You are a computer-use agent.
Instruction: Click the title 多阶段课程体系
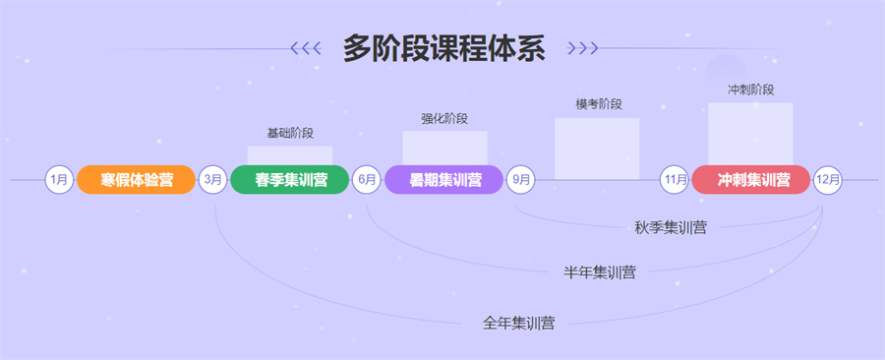(x=444, y=47)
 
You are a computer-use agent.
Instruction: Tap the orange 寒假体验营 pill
(x=137, y=180)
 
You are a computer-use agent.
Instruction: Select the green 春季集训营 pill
(x=291, y=180)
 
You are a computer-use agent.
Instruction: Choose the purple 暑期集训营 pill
(x=445, y=180)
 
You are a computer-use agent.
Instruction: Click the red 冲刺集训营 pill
(x=752, y=180)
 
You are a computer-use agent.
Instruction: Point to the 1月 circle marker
(x=59, y=180)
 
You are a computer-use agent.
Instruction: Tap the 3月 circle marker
(x=213, y=180)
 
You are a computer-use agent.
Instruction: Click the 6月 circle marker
(x=367, y=180)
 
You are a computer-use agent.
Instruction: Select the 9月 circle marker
(x=521, y=180)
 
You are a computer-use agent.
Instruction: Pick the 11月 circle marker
(x=675, y=180)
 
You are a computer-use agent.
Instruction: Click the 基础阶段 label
(x=290, y=133)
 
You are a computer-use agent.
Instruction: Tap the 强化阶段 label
(x=444, y=119)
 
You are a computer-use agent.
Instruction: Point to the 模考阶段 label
(x=598, y=104)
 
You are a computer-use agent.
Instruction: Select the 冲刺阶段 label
(x=750, y=90)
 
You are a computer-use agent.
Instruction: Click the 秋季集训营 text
(x=671, y=228)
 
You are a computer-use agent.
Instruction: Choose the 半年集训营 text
(x=599, y=272)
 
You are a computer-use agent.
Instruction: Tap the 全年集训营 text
(x=518, y=322)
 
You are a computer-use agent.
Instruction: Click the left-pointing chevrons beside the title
(x=307, y=47)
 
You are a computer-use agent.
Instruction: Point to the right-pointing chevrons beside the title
(x=583, y=47)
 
